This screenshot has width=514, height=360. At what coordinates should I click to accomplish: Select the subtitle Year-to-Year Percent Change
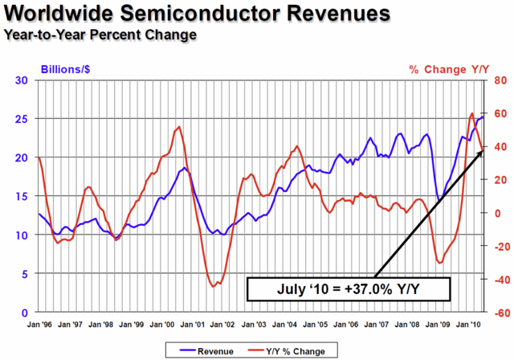point(100,35)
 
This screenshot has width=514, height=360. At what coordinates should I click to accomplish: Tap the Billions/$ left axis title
point(65,69)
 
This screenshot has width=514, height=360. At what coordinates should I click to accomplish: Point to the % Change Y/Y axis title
point(449,69)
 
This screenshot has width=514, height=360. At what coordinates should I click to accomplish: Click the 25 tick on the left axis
point(22,119)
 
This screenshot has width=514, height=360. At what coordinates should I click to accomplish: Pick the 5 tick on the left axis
point(25,274)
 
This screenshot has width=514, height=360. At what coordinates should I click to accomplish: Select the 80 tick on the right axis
point(500,80)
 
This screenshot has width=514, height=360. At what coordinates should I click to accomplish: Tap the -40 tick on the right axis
point(499,280)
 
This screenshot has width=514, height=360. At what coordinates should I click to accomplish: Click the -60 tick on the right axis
point(499,313)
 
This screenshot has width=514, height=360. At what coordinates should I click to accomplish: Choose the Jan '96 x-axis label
point(39,325)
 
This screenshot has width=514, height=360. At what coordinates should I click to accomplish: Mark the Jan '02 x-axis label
point(222,325)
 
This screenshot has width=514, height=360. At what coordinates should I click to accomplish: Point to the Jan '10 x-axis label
point(468,325)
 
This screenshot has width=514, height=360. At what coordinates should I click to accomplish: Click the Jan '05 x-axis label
point(315,325)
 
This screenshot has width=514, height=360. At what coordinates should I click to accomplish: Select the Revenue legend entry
point(207,351)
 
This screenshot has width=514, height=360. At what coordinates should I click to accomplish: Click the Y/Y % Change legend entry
point(287,351)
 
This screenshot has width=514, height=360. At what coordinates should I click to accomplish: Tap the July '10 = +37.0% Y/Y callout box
point(349,288)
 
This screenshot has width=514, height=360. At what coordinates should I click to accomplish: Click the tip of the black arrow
point(483,150)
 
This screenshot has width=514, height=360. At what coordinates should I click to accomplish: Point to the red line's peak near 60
point(471,113)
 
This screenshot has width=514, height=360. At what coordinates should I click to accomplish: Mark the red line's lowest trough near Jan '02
point(213,286)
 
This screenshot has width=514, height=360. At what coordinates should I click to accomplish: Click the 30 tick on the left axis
point(22,80)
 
